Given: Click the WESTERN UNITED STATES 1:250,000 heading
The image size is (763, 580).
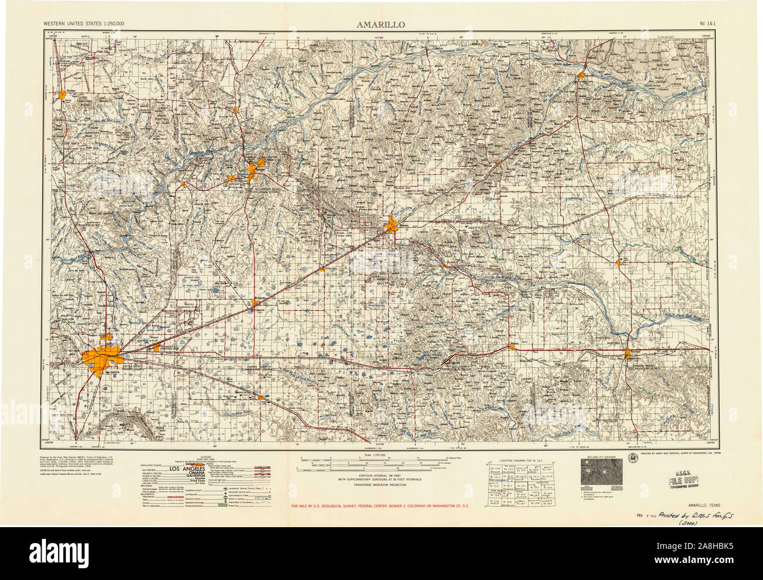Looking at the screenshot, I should [x=83, y=24].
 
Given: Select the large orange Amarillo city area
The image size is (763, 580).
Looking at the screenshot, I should [x=103, y=357].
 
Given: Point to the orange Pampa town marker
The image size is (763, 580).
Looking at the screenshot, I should [x=391, y=225].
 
